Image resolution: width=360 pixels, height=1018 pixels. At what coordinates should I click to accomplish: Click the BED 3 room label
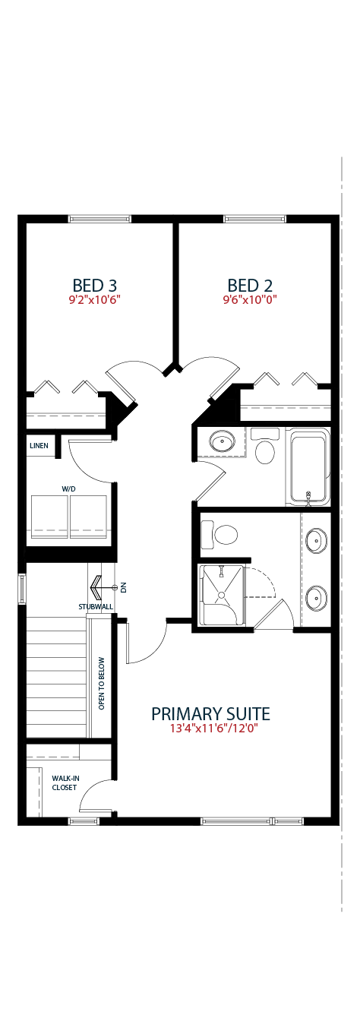94,286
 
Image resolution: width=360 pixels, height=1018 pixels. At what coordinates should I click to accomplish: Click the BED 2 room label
250,286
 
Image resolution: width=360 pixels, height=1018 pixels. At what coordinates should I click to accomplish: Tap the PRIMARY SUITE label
210,713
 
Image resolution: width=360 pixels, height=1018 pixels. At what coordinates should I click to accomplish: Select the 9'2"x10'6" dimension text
94,299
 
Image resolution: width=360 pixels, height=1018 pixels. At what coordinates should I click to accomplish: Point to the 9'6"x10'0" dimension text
250,299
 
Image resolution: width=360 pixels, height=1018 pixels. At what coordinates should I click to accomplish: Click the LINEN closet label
39,445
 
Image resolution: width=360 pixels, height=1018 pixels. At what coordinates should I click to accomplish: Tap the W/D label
68,488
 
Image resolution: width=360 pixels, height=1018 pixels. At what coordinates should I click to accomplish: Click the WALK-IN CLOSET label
65,783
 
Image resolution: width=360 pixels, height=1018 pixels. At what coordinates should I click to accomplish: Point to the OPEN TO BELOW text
101,683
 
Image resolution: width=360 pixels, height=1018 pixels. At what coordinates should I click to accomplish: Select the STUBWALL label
96,607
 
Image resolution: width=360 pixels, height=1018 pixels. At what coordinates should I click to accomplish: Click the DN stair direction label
123,588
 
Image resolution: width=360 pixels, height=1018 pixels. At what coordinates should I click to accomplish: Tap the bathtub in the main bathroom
308,466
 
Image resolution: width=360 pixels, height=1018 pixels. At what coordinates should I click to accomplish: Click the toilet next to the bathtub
264,446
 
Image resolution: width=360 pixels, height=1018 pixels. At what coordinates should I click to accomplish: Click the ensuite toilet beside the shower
220,534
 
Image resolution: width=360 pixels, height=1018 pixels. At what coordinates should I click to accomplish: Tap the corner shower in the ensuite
223,596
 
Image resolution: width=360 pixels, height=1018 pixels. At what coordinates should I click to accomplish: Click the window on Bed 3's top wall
99,219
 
